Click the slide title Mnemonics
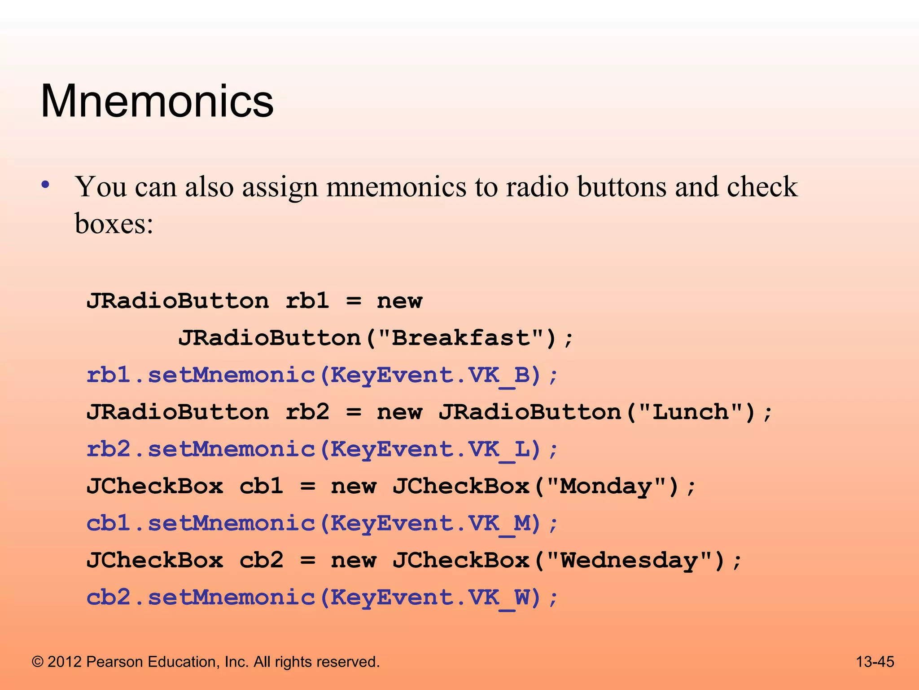pyautogui.click(x=157, y=101)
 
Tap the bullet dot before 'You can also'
pyautogui.click(x=45, y=185)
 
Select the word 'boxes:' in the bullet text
pyautogui.click(x=114, y=223)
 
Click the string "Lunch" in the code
pyautogui.click(x=691, y=412)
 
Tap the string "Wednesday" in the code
pyautogui.click(x=629, y=560)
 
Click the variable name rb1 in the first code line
pyautogui.click(x=307, y=301)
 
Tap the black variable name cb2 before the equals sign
pyautogui.click(x=261, y=560)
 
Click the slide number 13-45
pyautogui.click(x=875, y=662)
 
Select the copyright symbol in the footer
pyautogui.click(x=38, y=662)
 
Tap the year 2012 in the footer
pyautogui.click(x=65, y=662)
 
